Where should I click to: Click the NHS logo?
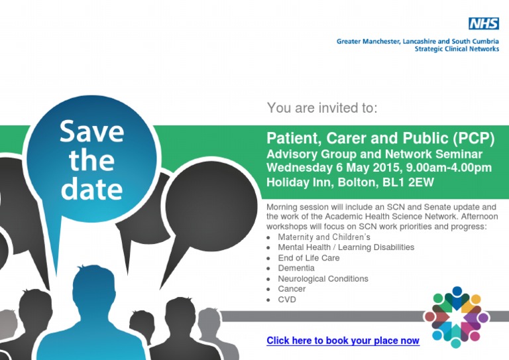point(484,23)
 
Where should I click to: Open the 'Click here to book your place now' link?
point(343,341)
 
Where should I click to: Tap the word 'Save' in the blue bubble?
point(92,131)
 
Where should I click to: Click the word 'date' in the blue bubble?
point(92,188)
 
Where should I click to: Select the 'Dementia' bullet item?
point(296,268)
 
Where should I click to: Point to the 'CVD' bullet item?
point(287,299)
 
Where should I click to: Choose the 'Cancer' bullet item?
point(292,289)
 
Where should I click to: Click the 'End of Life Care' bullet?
point(309,258)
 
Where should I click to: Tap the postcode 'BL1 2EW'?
point(408,182)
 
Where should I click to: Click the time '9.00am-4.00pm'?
point(449,168)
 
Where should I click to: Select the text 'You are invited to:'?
point(322,108)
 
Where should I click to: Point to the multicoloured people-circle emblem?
point(457,317)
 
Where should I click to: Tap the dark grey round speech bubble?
point(211,207)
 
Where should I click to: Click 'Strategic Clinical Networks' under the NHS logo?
point(457,49)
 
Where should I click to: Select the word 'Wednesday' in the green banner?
point(300,168)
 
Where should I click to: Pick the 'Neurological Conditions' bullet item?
point(323,279)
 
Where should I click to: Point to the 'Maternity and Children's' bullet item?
point(324,237)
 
